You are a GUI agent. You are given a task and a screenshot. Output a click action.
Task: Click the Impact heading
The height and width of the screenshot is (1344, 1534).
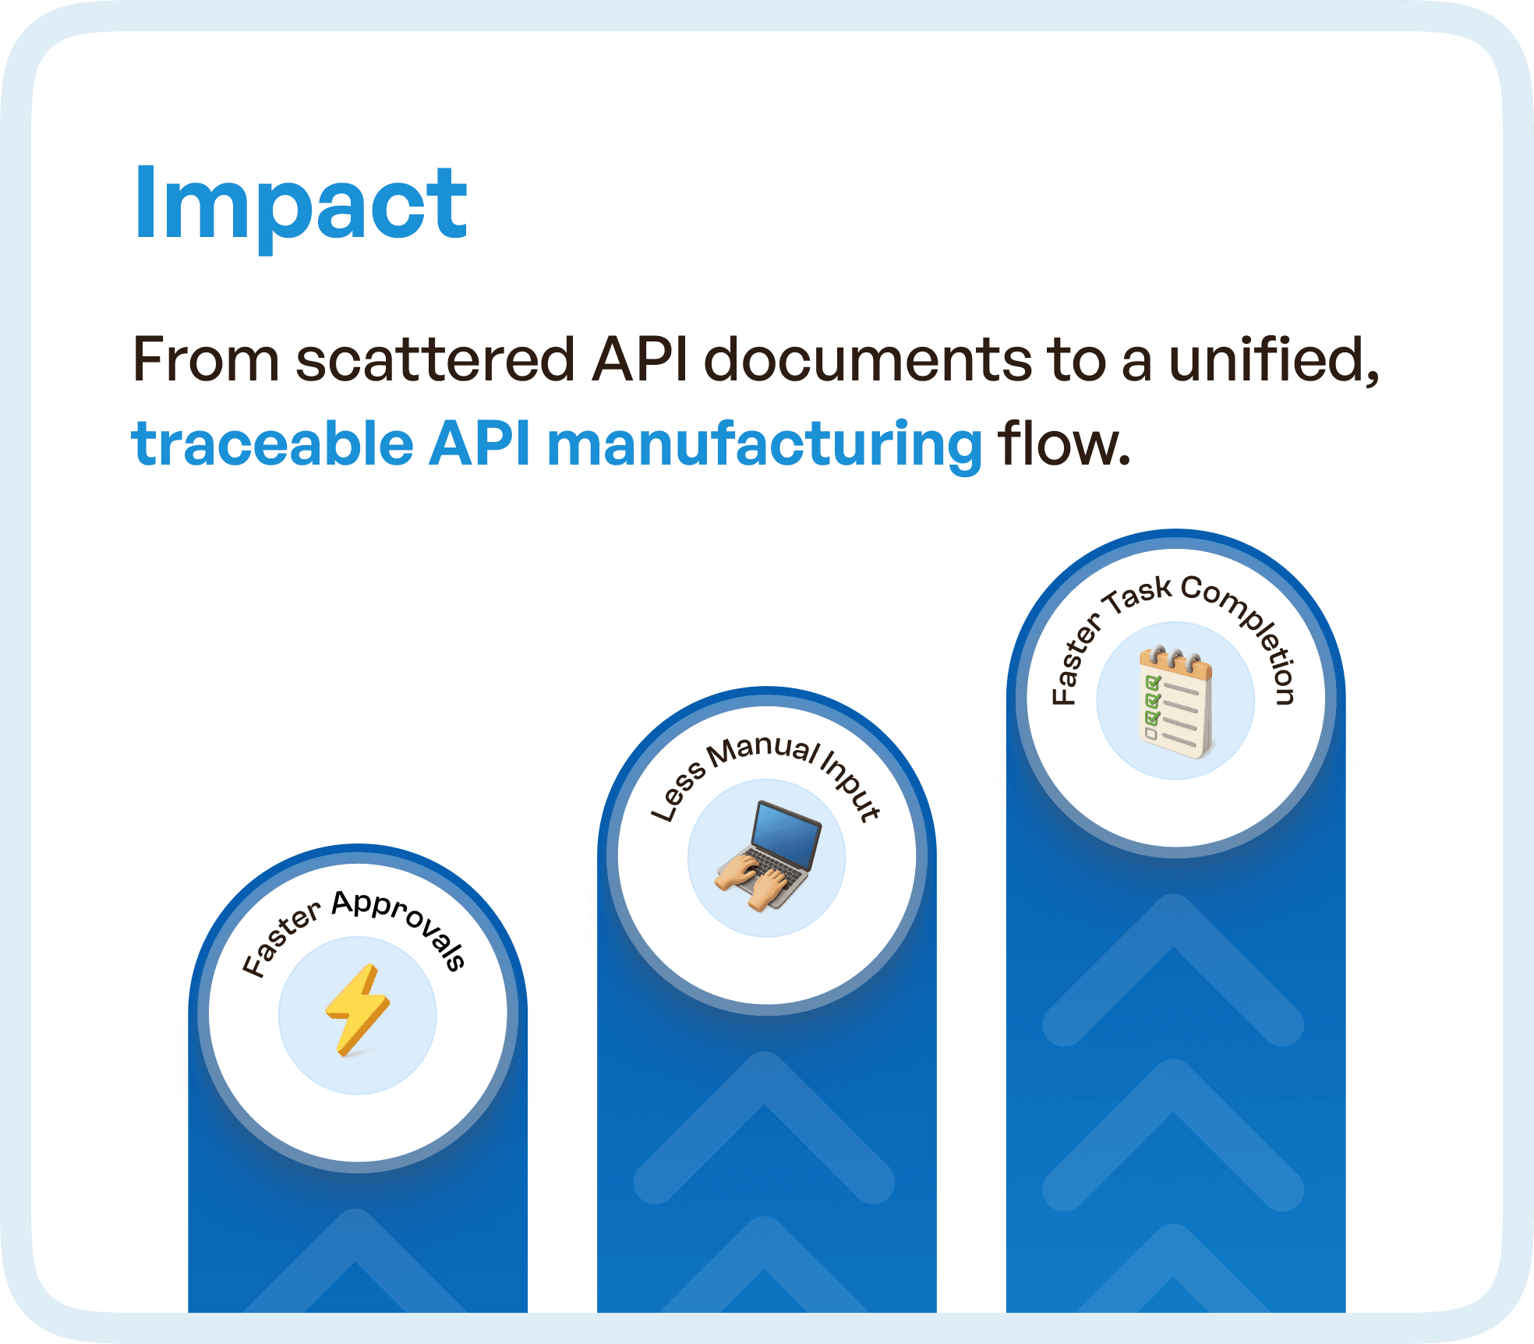coord(301,204)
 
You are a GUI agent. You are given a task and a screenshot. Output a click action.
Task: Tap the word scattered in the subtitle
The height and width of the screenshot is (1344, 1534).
coord(435,359)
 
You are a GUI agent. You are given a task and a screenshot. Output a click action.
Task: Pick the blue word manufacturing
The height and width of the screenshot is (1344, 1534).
coord(764,444)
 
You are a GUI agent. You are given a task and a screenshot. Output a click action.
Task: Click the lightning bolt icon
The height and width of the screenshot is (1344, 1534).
coord(358,1010)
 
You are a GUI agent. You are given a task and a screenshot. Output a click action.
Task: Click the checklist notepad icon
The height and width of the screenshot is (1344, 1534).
coord(1176,700)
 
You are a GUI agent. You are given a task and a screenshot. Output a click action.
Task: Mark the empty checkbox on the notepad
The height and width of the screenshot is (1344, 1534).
coord(1150,734)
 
